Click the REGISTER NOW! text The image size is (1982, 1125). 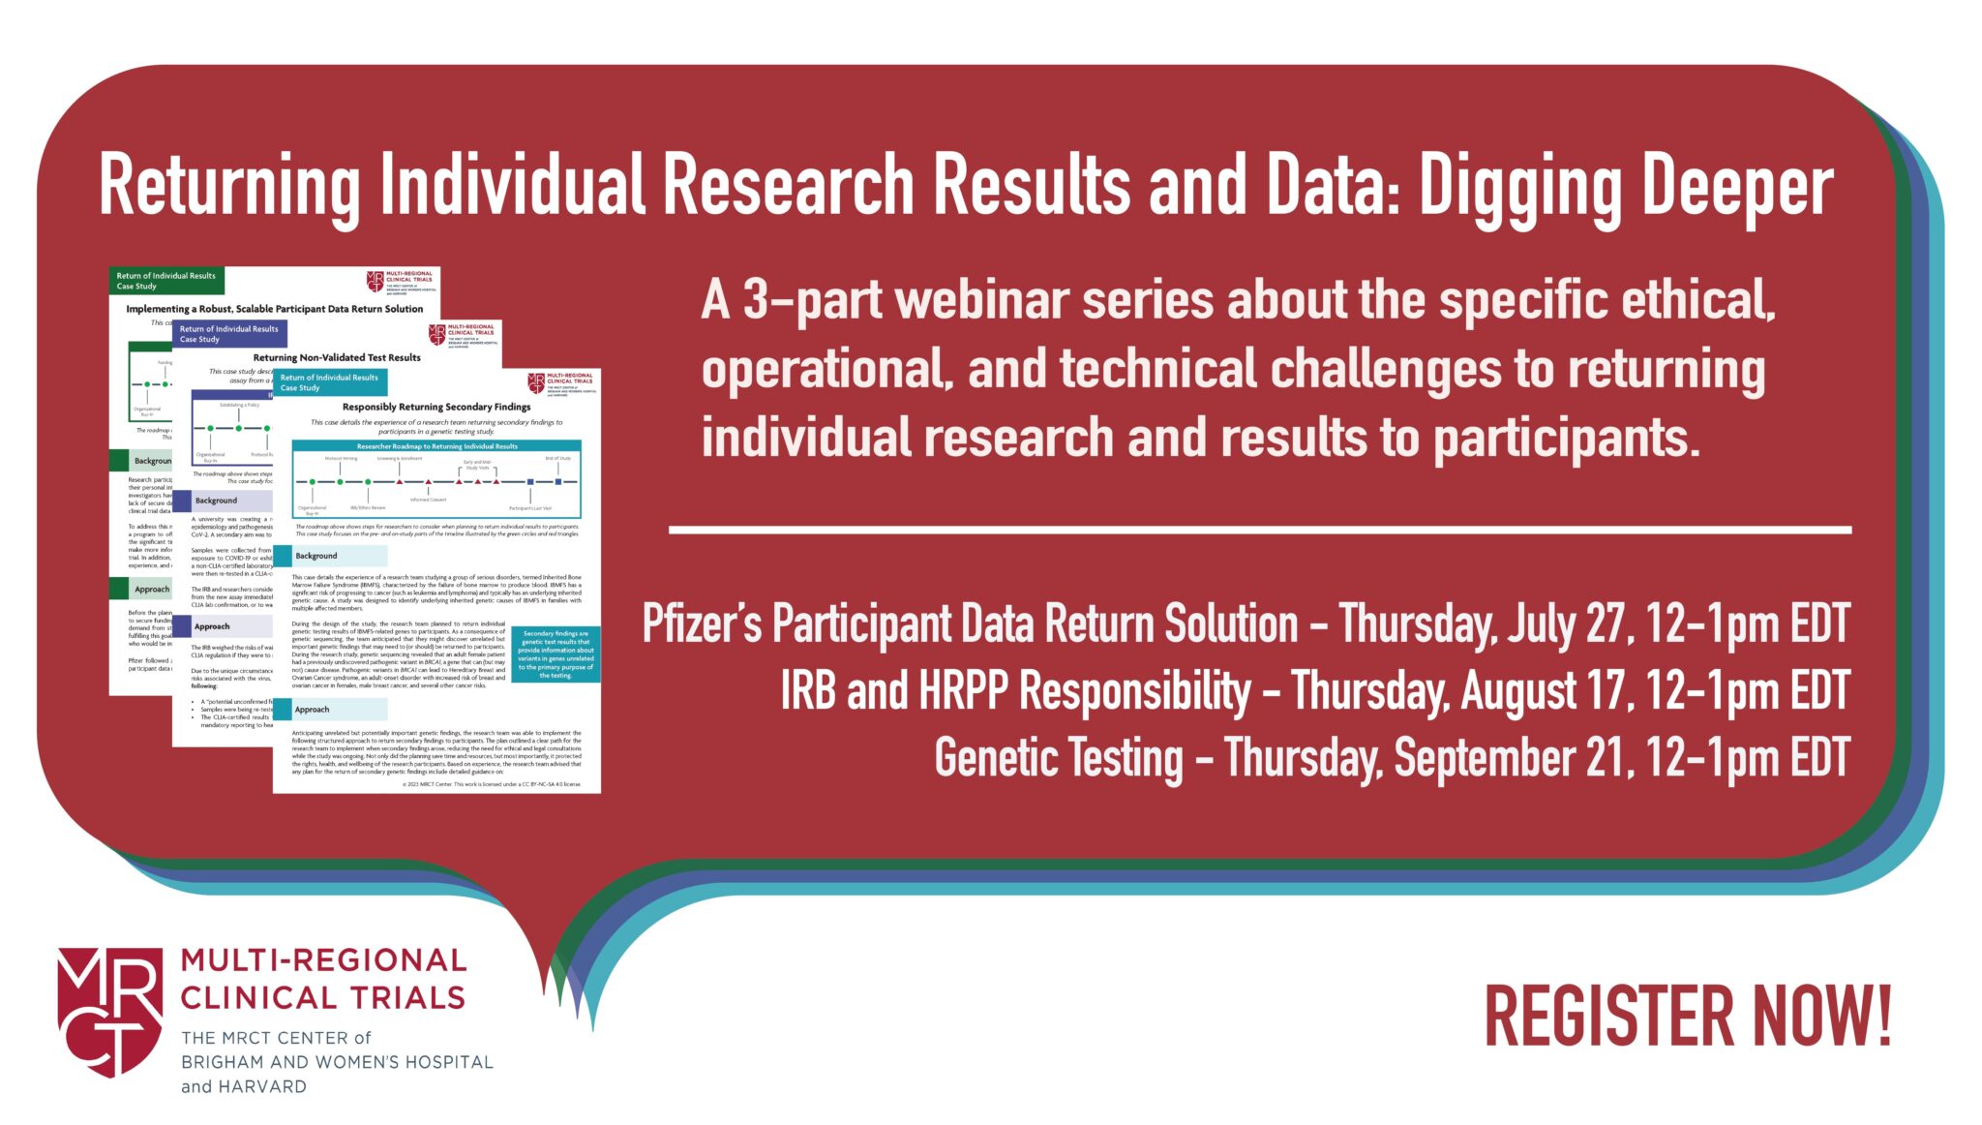[x=1688, y=1017]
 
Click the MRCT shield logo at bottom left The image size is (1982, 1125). [x=109, y=1012]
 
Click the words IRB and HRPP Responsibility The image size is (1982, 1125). [x=1015, y=691]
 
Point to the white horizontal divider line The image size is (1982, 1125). [x=1259, y=530]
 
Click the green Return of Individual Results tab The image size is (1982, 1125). [x=166, y=281]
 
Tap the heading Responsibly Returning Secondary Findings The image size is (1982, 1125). [x=436, y=407]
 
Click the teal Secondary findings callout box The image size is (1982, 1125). [x=556, y=654]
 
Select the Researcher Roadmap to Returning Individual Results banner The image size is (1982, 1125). [x=436, y=446]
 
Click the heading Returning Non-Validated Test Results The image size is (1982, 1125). [x=337, y=357]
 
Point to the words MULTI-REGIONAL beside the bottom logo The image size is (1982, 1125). [x=323, y=960]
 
